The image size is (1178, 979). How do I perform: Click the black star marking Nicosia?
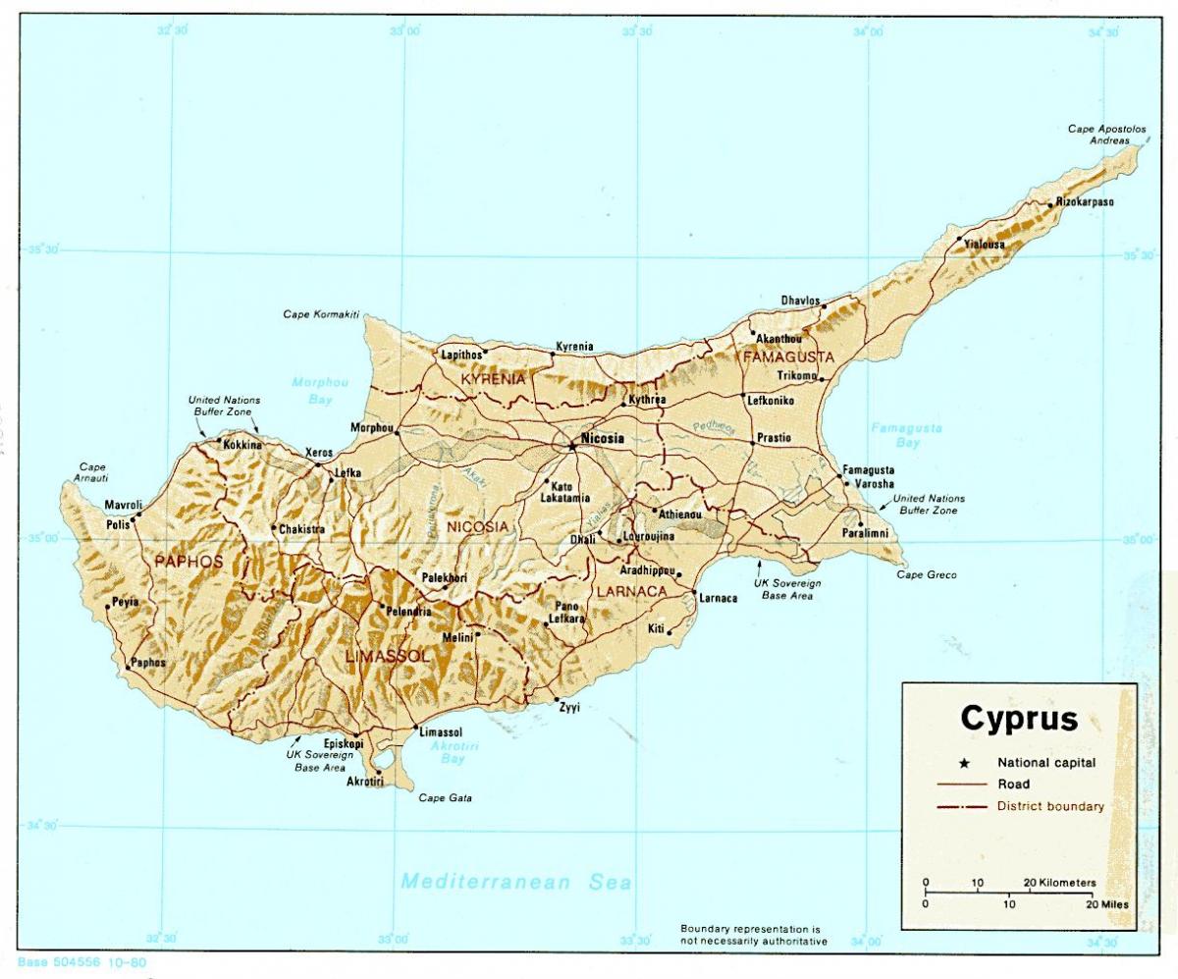(x=571, y=446)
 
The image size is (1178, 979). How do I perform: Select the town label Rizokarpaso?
(x=1086, y=203)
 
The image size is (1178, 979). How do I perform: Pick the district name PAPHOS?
(x=188, y=562)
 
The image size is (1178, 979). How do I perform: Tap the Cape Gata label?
(x=446, y=798)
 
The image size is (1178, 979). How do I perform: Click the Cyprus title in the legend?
(x=1018, y=718)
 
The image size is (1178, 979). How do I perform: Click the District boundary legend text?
(x=1050, y=807)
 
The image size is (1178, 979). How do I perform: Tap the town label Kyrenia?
(x=574, y=347)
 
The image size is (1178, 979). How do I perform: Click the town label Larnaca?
(x=718, y=598)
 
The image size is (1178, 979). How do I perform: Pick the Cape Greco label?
(x=926, y=574)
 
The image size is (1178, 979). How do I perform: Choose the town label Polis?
(x=118, y=524)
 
